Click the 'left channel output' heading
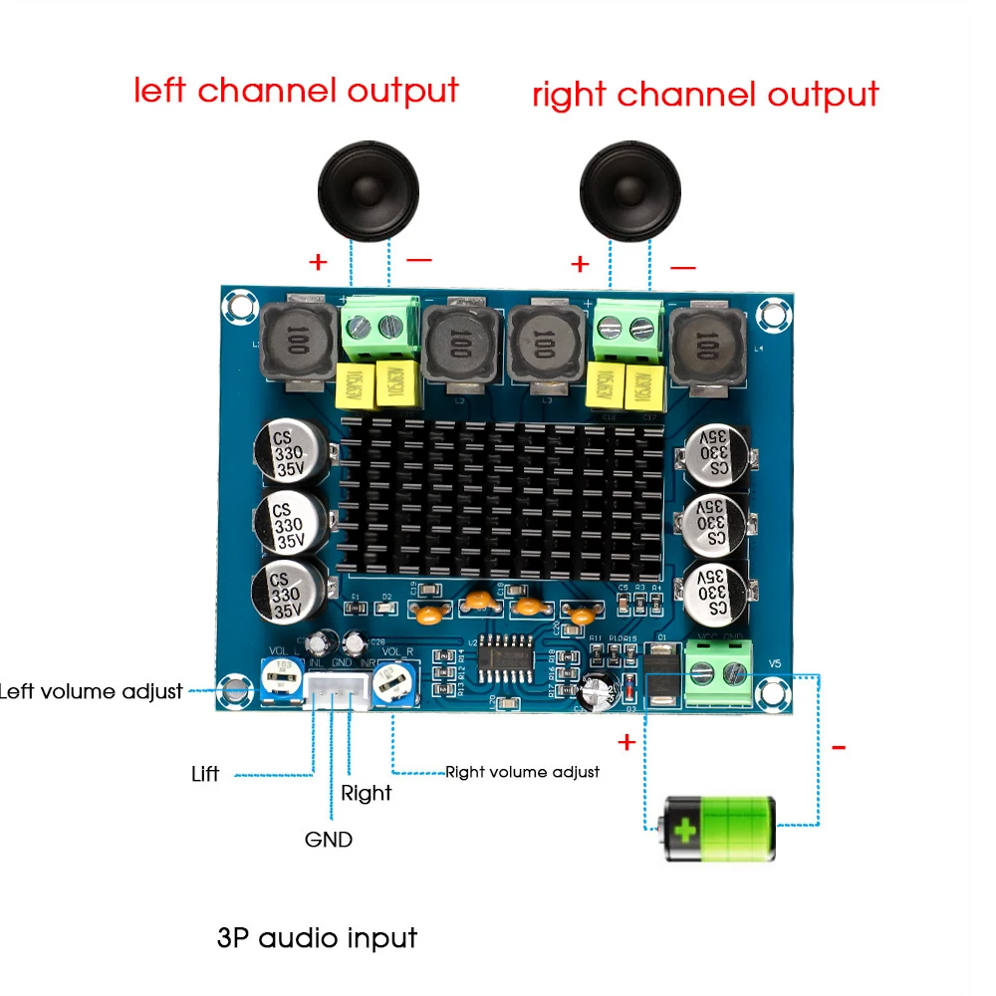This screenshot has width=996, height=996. pyautogui.click(x=296, y=91)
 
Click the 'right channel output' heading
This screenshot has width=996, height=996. pyautogui.click(x=705, y=96)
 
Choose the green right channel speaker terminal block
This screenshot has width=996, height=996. pyautogui.click(x=629, y=331)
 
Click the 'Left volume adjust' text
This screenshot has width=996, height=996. pyautogui.click(x=92, y=690)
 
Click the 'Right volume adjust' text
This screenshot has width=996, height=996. pyautogui.click(x=522, y=771)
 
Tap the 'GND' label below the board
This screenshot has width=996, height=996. pyautogui.click(x=329, y=840)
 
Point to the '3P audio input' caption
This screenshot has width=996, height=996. pyautogui.click(x=317, y=937)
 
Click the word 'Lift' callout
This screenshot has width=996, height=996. pyautogui.click(x=205, y=773)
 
